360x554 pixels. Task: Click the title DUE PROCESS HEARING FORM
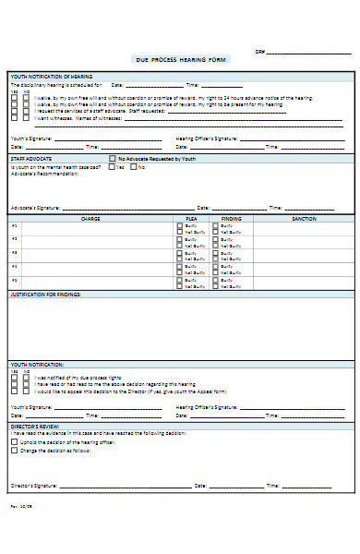pos(181,59)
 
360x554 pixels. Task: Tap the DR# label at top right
pos(260,52)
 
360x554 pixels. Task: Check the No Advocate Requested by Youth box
pos(111,159)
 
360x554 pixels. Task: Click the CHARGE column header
pos(90,219)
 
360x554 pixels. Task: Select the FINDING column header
pos(232,219)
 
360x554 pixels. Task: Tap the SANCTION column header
pos(304,219)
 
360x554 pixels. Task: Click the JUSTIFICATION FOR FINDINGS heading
pos(46,294)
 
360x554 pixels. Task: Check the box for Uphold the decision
pos(13,442)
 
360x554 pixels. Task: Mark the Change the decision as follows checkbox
pos(13,450)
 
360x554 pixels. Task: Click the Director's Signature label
pos(34,485)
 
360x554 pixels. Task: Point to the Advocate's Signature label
pos(35,208)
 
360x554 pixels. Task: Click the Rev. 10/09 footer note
pos(19,506)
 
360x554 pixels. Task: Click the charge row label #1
pos(14,226)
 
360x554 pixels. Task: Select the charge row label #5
pos(14,279)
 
